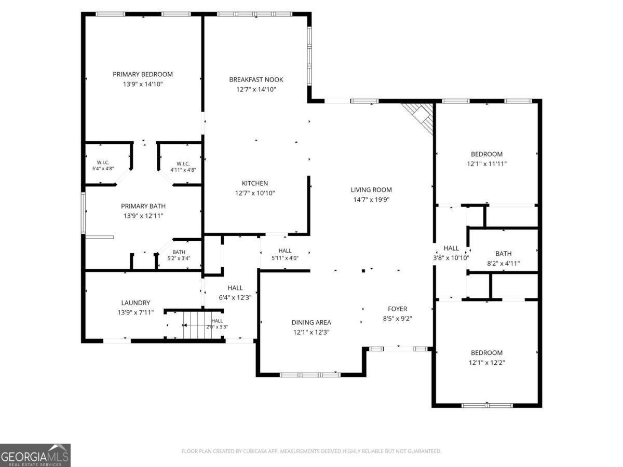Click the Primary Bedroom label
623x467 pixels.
point(143,74)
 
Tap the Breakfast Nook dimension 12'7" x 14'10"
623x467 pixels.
point(256,90)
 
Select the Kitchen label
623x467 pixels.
point(255,183)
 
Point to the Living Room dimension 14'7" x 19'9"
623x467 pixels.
point(371,200)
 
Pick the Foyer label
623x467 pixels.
point(397,309)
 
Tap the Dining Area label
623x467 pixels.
point(311,322)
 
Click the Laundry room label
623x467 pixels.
point(136,303)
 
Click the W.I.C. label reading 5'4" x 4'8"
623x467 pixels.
point(103,169)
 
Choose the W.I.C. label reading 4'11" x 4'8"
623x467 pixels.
point(183,170)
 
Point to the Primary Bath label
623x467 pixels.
point(143,206)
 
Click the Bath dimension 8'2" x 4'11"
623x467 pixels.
point(504,264)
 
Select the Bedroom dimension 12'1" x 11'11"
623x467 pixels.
point(487,164)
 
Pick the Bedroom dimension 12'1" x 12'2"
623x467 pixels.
point(487,363)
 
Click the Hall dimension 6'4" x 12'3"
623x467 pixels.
point(235,298)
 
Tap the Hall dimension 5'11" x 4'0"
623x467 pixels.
point(285,258)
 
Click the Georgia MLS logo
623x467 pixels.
point(35,455)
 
